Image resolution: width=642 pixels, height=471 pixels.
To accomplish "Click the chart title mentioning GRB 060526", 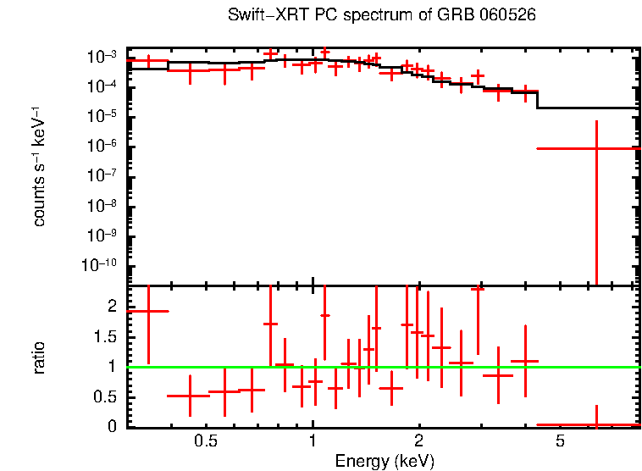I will (382, 15).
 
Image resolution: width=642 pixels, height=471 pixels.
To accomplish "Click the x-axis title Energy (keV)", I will (385, 461).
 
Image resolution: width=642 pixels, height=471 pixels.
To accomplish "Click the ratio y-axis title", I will (39, 357).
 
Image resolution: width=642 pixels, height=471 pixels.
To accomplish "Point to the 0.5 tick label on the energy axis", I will (206, 441).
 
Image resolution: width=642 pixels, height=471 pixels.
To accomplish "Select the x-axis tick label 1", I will (313, 441).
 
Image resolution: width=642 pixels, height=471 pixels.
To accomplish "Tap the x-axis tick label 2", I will (419, 441).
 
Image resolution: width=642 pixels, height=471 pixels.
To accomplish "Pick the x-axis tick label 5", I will (560, 441).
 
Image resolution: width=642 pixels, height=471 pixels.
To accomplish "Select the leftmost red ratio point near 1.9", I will (148, 311).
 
